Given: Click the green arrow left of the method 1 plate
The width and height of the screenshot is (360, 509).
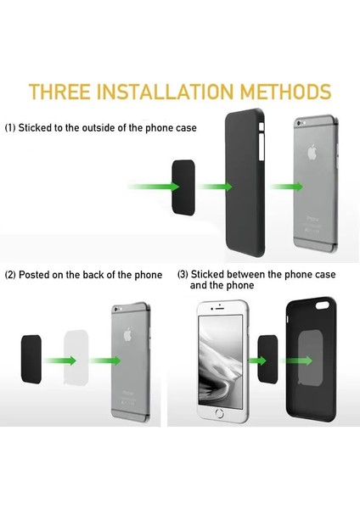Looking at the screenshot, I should click(149, 185).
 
